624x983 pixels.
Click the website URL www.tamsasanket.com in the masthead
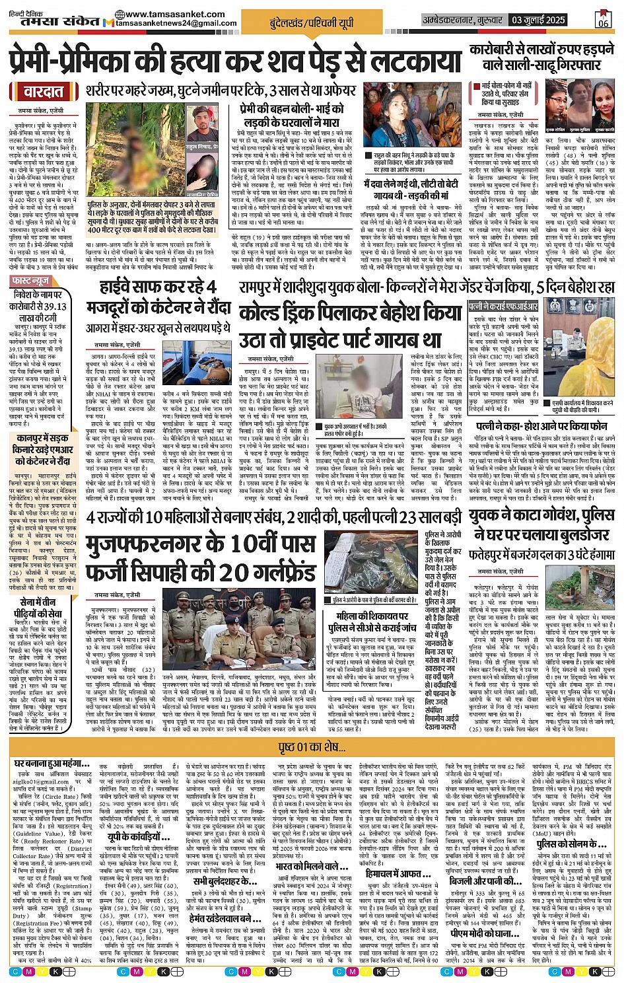coord(164,14)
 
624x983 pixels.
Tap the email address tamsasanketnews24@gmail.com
coord(176,23)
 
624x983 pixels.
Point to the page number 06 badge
coord(603,19)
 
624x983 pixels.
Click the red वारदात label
coord(44,92)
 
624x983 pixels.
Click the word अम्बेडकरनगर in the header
coord(456,20)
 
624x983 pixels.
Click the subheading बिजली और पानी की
coord(481,881)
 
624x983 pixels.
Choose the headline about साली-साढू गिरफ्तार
coord(541,57)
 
